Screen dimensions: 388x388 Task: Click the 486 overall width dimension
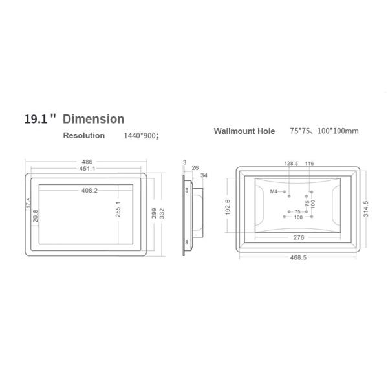tap(86, 162)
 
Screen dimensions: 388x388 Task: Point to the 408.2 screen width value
tap(90, 191)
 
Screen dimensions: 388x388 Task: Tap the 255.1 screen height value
tap(118, 211)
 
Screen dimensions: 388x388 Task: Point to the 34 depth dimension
tap(204, 175)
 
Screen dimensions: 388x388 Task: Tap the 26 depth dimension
tap(195, 167)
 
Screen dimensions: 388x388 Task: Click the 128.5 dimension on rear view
tap(291, 164)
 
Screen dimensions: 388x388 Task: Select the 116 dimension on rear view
tap(309, 164)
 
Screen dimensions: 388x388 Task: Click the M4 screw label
tap(274, 192)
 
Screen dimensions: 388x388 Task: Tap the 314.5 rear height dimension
tap(366, 210)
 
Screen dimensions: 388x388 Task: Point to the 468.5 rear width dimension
tap(298, 257)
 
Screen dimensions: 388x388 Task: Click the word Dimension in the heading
tap(94, 119)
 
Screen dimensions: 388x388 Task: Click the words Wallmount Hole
tap(244, 131)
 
